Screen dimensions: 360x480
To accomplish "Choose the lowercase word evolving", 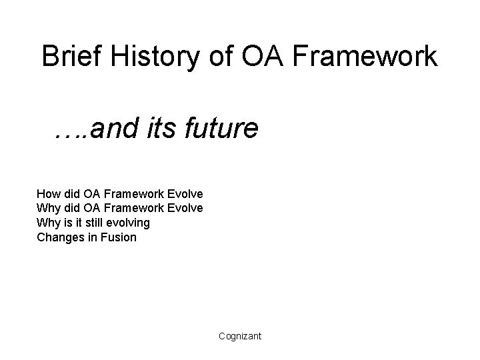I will (x=129, y=223).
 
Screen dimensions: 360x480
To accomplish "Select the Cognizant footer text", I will (x=240, y=337).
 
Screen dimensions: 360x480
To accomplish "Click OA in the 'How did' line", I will (x=91, y=194).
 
